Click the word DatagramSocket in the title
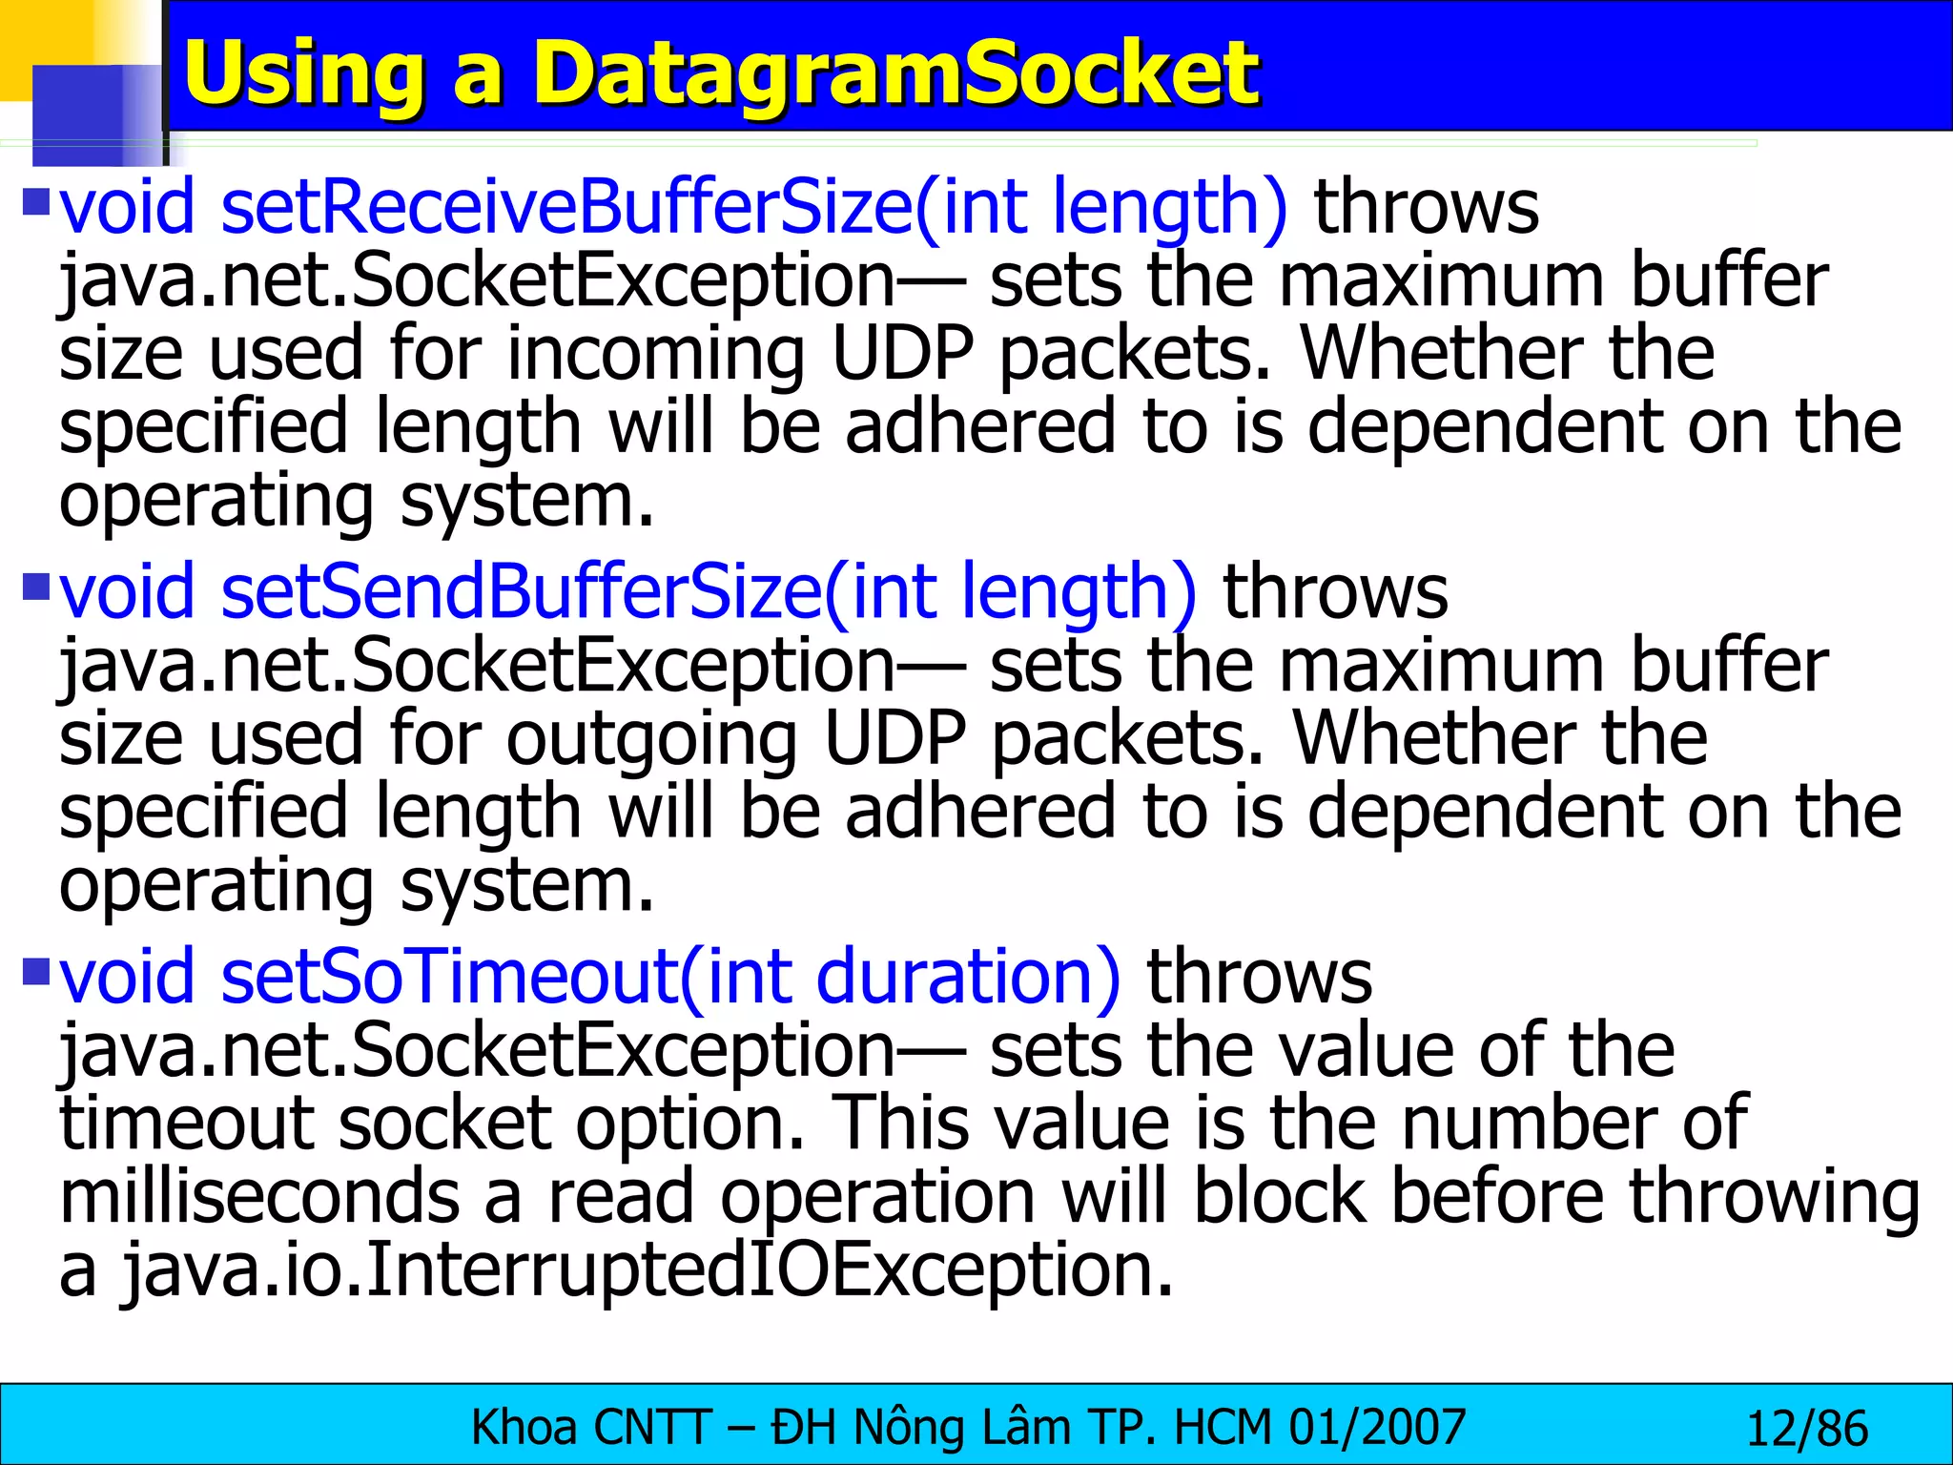click(894, 74)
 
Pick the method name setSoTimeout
click(448, 978)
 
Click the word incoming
click(655, 354)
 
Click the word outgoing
click(651, 739)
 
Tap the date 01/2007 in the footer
click(1377, 1428)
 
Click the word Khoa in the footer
click(524, 1428)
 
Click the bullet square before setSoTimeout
click(35, 970)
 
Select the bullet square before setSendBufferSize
click(35, 585)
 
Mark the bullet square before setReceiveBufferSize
click(35, 200)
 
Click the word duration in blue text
click(968, 978)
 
